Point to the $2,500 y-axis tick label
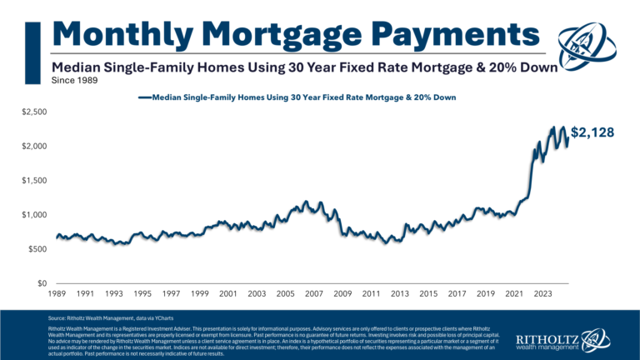[x=34, y=112]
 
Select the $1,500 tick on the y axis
[x=34, y=181]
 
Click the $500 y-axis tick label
[x=37, y=249]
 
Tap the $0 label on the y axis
[x=42, y=283]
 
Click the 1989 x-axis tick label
[x=57, y=294]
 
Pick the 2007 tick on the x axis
[x=314, y=294]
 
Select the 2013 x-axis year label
[x=400, y=294]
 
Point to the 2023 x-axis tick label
[x=542, y=294]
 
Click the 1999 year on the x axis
[x=200, y=294]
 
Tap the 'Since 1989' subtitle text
[x=74, y=82]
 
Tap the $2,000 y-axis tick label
[x=34, y=147]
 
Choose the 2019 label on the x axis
[x=485, y=294]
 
